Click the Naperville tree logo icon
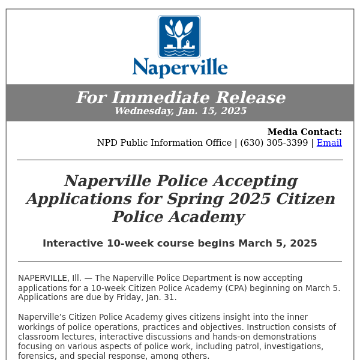coord(179,37)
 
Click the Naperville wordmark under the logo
coord(180,67)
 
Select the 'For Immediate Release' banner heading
coord(180,98)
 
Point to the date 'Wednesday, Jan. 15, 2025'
coord(180,111)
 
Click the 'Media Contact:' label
coord(304,132)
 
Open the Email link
coord(329,143)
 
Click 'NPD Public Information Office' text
coord(164,143)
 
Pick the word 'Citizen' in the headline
coord(304,199)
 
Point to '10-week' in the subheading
coord(127,243)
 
